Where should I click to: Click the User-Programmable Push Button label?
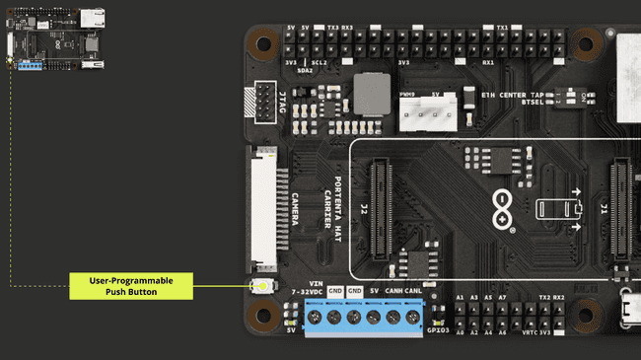coord(131,287)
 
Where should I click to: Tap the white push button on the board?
coord(263,287)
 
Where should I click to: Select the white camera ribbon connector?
coord(263,209)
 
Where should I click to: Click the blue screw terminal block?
coord(363,318)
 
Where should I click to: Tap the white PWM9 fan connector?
coord(425,114)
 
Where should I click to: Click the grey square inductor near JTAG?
coord(372,93)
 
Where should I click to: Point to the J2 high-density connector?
coord(378,209)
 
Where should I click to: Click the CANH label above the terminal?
coord(392,292)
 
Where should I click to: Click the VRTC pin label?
coord(529,332)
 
